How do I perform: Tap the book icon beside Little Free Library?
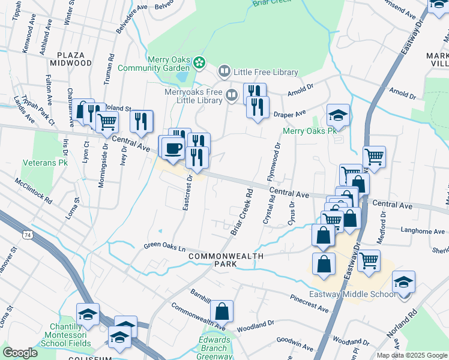coord(224,72)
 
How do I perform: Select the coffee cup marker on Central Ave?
coord(172,148)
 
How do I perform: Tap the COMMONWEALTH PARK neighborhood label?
coord(226,260)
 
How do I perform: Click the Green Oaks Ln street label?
coord(165,247)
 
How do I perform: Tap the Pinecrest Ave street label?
coord(309,303)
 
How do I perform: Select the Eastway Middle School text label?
coord(352,294)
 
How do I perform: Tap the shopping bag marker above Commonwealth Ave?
coord(221,311)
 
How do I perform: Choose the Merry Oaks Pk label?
coord(309,131)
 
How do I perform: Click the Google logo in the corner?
coord(20,353)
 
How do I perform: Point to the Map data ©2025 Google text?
coord(411,355)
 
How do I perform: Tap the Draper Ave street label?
coord(290,113)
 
